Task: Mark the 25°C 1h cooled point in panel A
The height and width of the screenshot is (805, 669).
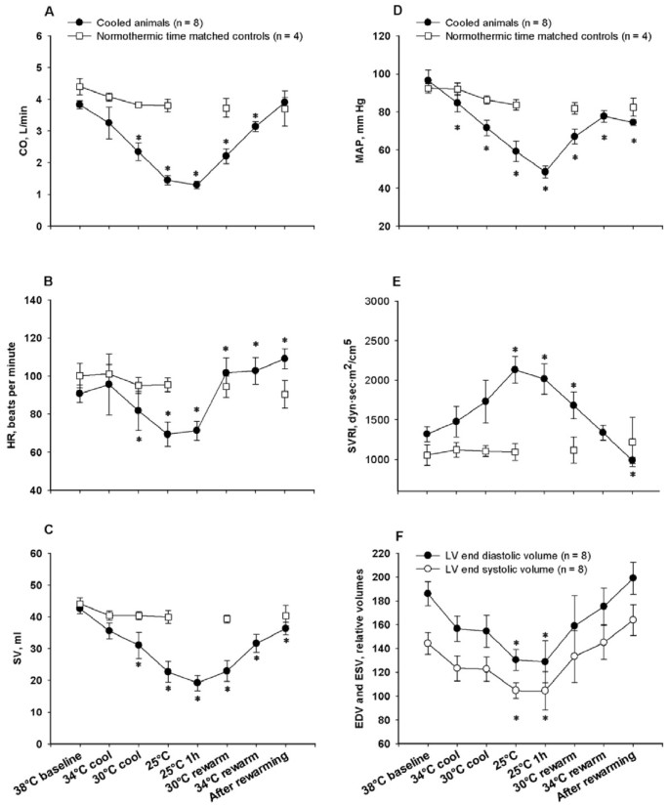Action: (x=196, y=185)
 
